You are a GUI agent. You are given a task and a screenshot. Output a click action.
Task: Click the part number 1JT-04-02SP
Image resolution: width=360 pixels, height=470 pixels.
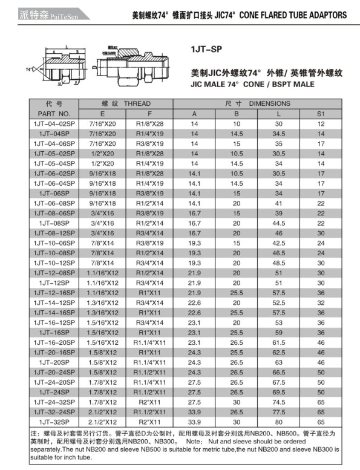click(x=54, y=123)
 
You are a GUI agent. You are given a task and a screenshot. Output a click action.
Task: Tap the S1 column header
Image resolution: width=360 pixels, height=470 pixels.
click(x=321, y=114)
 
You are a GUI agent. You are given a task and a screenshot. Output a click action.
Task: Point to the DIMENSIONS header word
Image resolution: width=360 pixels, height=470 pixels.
click(x=269, y=104)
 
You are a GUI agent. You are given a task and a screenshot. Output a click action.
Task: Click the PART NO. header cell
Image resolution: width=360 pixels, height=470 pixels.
click(x=54, y=114)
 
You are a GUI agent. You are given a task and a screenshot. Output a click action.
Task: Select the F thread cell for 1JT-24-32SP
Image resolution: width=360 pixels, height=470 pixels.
click(x=149, y=401)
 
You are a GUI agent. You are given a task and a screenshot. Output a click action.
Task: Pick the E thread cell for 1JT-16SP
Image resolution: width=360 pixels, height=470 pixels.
click(x=102, y=331)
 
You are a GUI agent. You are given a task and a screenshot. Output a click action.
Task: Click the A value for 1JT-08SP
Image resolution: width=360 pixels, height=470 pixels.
click(x=194, y=223)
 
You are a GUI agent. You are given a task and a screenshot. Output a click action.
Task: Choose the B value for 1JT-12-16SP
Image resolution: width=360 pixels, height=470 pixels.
click(x=237, y=292)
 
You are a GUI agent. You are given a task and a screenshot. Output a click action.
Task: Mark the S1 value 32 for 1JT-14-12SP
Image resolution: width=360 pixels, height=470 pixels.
click(x=321, y=302)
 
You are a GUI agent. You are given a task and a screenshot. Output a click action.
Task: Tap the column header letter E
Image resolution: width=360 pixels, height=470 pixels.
click(x=102, y=114)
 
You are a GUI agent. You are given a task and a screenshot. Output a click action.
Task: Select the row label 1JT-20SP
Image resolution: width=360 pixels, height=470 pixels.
click(x=54, y=362)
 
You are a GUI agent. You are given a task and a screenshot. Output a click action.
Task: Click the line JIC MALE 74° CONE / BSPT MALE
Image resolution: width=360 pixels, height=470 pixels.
click(x=253, y=84)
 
